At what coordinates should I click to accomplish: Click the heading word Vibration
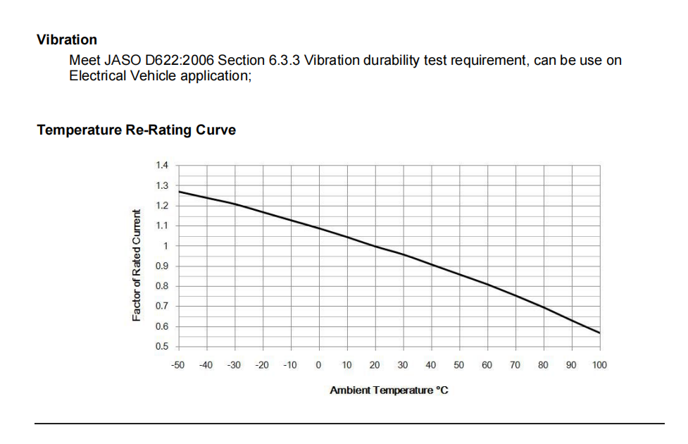point(67,39)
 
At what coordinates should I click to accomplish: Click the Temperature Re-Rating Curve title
point(136,130)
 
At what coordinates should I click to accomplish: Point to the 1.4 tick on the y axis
point(162,166)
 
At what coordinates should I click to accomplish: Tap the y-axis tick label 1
point(165,246)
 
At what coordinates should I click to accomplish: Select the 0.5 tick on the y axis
point(162,347)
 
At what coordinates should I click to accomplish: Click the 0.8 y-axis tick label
point(162,286)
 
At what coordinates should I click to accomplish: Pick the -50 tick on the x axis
point(178,365)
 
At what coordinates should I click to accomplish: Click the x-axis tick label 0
point(318,365)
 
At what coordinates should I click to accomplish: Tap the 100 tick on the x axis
point(599,365)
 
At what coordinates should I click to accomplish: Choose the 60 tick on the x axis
point(487,365)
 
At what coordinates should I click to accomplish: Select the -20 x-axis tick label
point(262,365)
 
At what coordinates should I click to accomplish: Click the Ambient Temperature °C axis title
point(389,390)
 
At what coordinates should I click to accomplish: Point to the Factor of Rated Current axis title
point(137,266)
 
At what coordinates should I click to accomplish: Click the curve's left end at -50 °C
point(179,191)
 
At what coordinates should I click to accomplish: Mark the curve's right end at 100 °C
point(599,333)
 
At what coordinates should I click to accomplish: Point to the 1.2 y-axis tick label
point(162,206)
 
